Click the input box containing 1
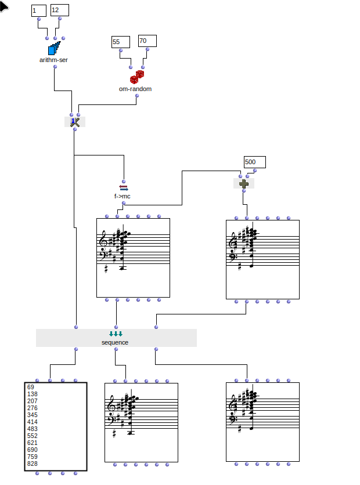tap(38, 10)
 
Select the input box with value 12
tap(59, 10)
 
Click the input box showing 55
tap(120, 42)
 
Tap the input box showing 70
tap(147, 41)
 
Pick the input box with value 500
tap(254, 162)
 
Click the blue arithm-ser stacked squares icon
tap(54, 48)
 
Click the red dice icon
tap(136, 77)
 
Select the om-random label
tap(135, 89)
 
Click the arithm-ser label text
tap(53, 59)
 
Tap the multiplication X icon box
tap(74, 122)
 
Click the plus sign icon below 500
tap(244, 183)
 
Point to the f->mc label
tap(123, 196)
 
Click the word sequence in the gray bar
tap(115, 342)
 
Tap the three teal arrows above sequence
tap(116, 334)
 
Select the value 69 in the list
tap(31, 387)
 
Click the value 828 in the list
tap(33, 464)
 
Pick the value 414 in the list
tap(33, 422)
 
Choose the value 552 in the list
tap(33, 436)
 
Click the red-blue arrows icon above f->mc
tap(123, 187)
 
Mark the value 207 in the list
tap(33, 401)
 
